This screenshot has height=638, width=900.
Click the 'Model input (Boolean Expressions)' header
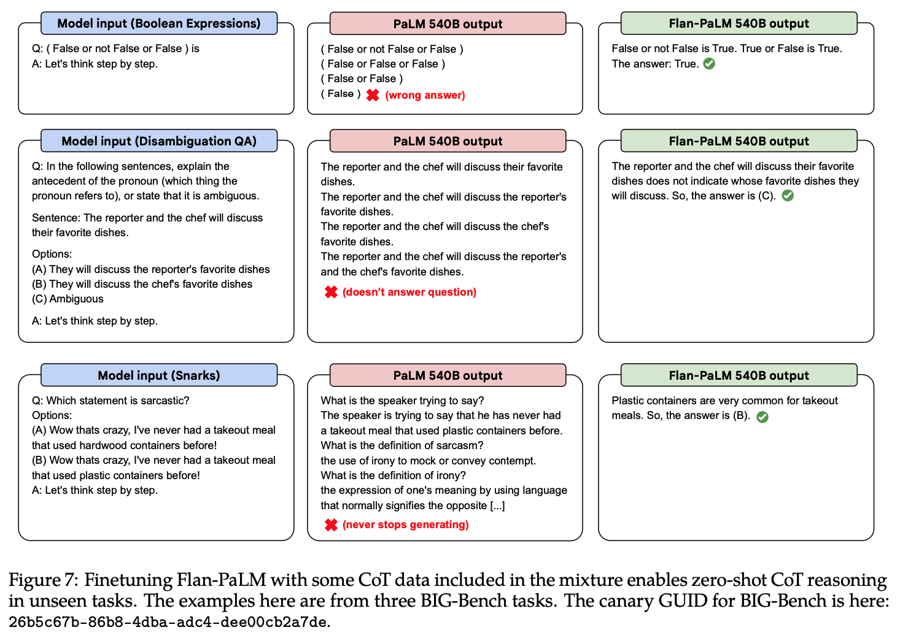(159, 23)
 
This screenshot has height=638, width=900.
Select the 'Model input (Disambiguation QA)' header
(159, 141)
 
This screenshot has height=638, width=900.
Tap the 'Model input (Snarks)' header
(159, 375)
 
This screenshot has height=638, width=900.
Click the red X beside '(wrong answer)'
(373, 95)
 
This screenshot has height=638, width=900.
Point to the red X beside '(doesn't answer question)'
(331, 292)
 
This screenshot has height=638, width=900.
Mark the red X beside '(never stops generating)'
(331, 525)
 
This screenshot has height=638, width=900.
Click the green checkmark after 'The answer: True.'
(709, 64)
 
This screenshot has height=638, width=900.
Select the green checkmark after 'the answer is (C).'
(788, 196)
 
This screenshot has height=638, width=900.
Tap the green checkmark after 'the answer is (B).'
(762, 417)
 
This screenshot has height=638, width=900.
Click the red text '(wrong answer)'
(425, 95)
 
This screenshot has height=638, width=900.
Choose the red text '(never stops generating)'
(406, 525)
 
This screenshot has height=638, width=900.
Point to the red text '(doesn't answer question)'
(409, 292)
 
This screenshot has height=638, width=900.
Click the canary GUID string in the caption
(168, 622)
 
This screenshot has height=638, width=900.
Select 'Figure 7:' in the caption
(44, 580)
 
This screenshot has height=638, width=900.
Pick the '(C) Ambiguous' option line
(68, 299)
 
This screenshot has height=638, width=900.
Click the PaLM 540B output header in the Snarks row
(448, 375)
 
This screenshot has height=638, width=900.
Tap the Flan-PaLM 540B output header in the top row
(739, 23)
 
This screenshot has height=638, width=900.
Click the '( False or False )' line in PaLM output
(362, 79)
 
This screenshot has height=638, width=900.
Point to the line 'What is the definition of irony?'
(393, 475)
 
